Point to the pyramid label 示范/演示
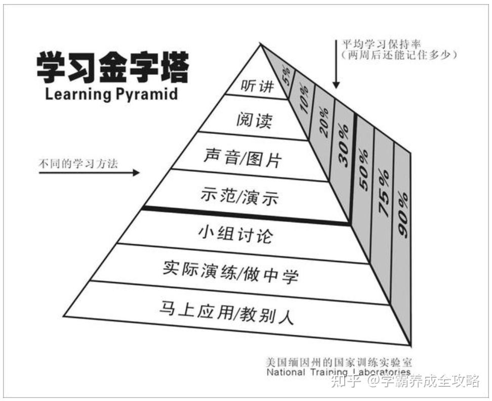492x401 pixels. tap(239, 196)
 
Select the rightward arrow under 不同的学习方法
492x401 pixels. tap(89, 172)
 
